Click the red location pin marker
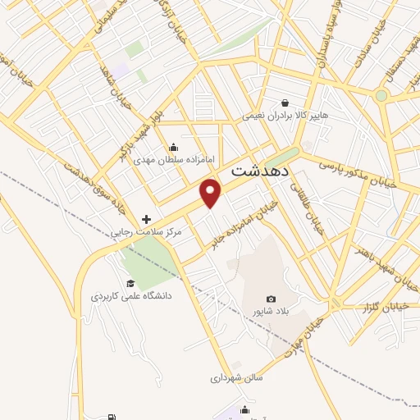pyautogui.click(x=212, y=192)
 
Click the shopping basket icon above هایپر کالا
pyautogui.click(x=285, y=103)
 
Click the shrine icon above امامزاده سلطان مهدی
pyautogui.click(x=173, y=148)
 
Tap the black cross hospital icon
pyautogui.click(x=147, y=220)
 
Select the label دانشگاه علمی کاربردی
pyautogui.click(x=131, y=296)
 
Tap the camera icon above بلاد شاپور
pyautogui.click(x=272, y=299)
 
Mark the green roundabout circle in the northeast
pyautogui.click(x=381, y=96)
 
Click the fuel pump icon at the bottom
pyautogui.click(x=112, y=417)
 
